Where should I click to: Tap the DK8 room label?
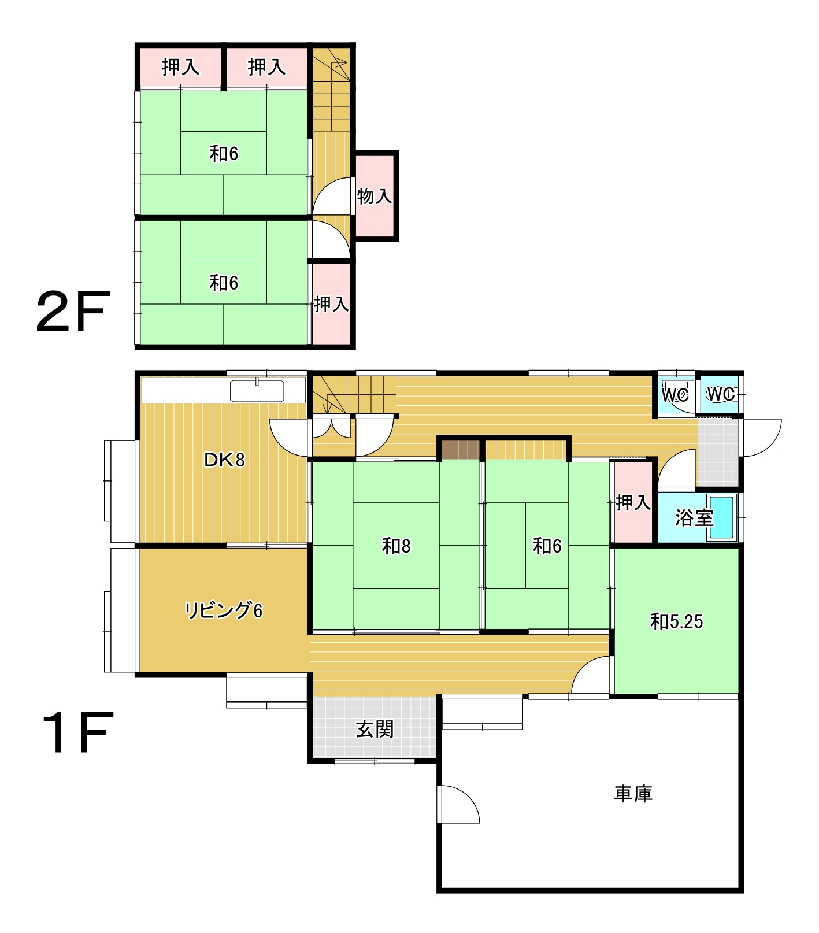(x=224, y=460)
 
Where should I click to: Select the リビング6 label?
(x=223, y=610)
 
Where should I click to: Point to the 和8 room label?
(x=396, y=546)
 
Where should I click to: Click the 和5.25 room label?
(x=676, y=621)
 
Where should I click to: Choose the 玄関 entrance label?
(x=375, y=730)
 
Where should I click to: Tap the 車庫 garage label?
(x=633, y=794)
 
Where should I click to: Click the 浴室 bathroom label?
(x=694, y=518)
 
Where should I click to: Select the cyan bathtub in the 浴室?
(x=721, y=518)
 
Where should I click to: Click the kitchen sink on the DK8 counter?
(x=257, y=391)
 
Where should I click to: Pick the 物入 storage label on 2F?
(x=375, y=197)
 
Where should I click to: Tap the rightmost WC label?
(x=721, y=394)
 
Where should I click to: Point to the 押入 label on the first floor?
(x=633, y=502)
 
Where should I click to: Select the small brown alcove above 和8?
(x=461, y=450)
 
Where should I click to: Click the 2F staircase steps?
(x=332, y=90)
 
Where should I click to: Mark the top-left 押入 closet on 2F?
(x=180, y=67)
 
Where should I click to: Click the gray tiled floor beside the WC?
(x=718, y=452)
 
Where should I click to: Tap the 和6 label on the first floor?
(x=547, y=546)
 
